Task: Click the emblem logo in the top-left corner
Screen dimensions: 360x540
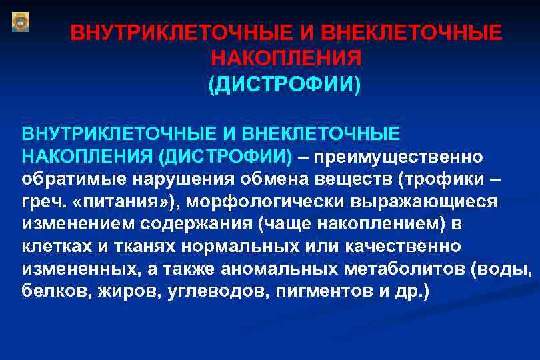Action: click(21, 21)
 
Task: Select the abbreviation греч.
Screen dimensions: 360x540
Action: click(41, 202)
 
